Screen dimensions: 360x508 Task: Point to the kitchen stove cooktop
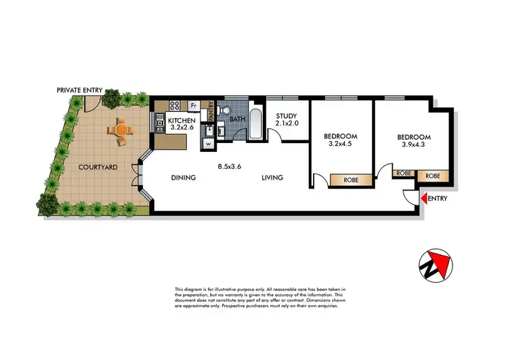click(173, 105)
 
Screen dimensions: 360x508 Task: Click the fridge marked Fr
click(193, 106)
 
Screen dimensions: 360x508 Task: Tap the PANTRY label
click(211, 111)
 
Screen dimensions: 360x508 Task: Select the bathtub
click(256, 123)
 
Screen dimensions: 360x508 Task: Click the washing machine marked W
click(208, 144)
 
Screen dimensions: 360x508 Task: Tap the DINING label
click(183, 178)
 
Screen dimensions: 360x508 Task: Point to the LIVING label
click(273, 178)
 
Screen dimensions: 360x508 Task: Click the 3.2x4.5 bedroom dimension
click(343, 144)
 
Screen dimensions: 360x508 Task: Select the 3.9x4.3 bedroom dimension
click(413, 144)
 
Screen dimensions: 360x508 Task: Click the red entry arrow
click(424, 199)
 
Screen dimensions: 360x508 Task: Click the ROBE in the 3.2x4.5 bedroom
click(351, 180)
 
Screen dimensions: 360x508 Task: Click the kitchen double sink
click(161, 123)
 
